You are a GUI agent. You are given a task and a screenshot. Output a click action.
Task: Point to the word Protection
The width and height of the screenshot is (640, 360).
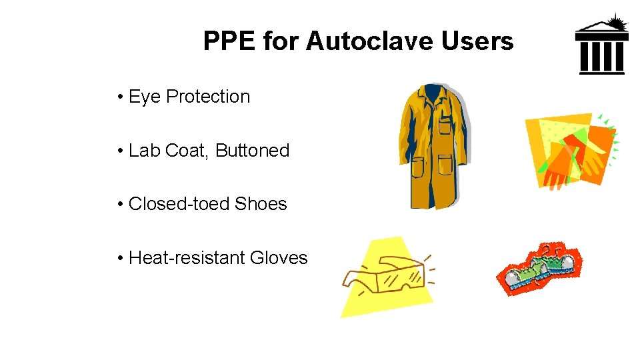[x=208, y=97]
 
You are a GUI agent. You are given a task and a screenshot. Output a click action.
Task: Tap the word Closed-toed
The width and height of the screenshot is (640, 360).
[x=170, y=204]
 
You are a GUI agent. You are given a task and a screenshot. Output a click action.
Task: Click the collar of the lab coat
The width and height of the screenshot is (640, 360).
[x=434, y=93]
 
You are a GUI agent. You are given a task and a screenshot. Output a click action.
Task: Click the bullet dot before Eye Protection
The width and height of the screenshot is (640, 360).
[x=119, y=97]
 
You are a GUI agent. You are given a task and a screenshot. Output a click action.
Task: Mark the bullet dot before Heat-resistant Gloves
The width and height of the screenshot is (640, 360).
[x=119, y=258]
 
